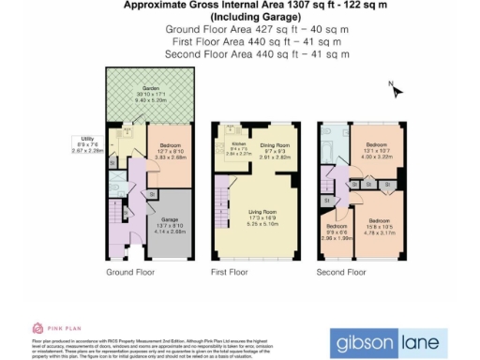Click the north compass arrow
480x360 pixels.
397,91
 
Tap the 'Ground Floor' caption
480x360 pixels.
129,272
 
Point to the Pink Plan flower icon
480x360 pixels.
37,327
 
